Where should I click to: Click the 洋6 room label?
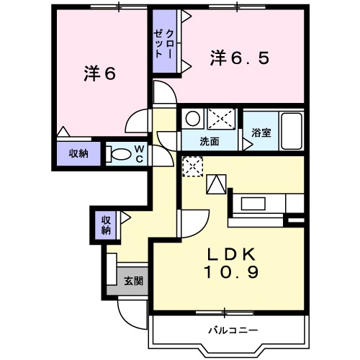coord(99,73)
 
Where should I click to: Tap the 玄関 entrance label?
coord(133,281)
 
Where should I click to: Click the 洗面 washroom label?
coord(210,141)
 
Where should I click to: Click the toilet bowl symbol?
coord(122,153)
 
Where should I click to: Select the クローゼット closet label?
coord(164,43)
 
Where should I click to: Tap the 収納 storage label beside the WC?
coord(78,153)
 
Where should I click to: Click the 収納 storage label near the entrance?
coord(106,225)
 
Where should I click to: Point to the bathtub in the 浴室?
coord(291,130)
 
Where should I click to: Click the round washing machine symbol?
coord(192,118)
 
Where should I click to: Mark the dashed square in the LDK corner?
coord(192,167)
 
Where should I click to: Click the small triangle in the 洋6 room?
coord(63,132)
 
